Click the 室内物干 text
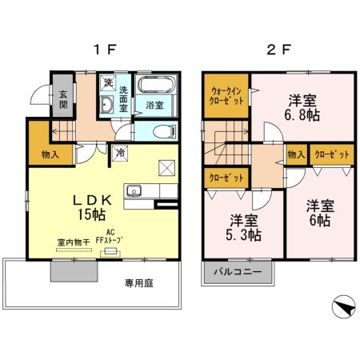tap(71, 241)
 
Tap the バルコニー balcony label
tap(237, 273)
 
